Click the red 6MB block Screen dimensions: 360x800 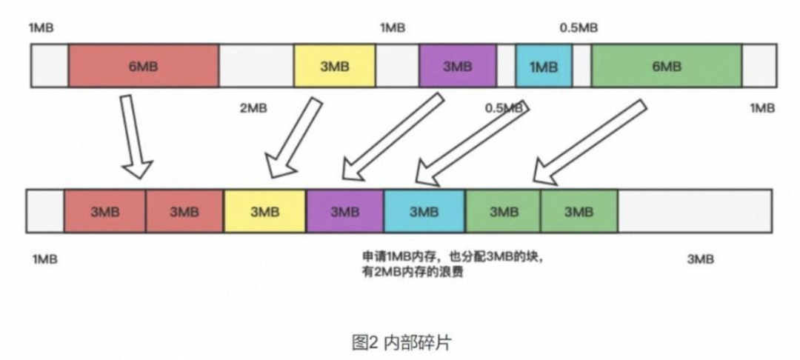point(143,66)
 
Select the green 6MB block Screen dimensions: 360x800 point(667,66)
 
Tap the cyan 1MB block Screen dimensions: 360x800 point(544,66)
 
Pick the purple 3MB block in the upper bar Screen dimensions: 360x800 point(457,66)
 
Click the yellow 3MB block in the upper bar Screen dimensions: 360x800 point(334,66)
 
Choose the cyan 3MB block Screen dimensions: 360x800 point(424,212)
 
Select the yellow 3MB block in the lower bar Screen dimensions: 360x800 point(264,212)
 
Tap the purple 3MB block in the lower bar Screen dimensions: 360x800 point(344,212)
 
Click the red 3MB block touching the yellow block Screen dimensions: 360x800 point(184,212)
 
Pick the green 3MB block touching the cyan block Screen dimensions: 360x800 point(504,212)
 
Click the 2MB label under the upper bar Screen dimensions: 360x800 point(253,108)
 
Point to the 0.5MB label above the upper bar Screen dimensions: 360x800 point(579,28)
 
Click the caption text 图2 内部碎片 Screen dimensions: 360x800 point(400,342)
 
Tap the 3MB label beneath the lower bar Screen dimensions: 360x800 point(700,259)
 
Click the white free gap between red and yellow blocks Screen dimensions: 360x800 point(256,66)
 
